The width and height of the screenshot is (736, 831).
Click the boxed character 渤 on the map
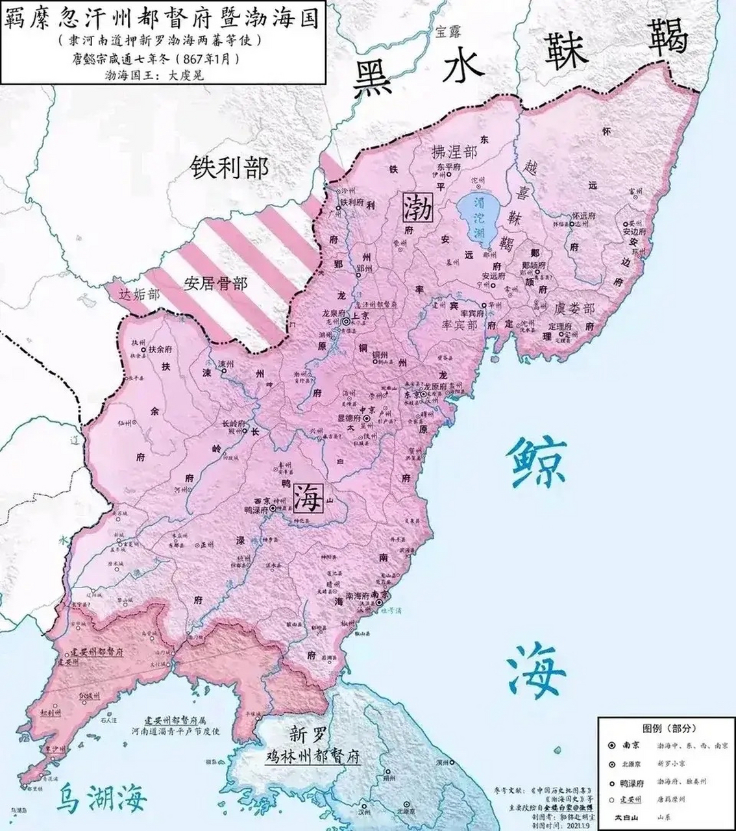[x=418, y=206]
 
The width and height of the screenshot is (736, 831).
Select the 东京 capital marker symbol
[x=423, y=394]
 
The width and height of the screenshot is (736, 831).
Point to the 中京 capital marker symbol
[x=367, y=419]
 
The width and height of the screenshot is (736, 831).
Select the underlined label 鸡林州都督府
[x=314, y=757]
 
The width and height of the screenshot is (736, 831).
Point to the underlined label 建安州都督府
[x=96, y=651]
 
